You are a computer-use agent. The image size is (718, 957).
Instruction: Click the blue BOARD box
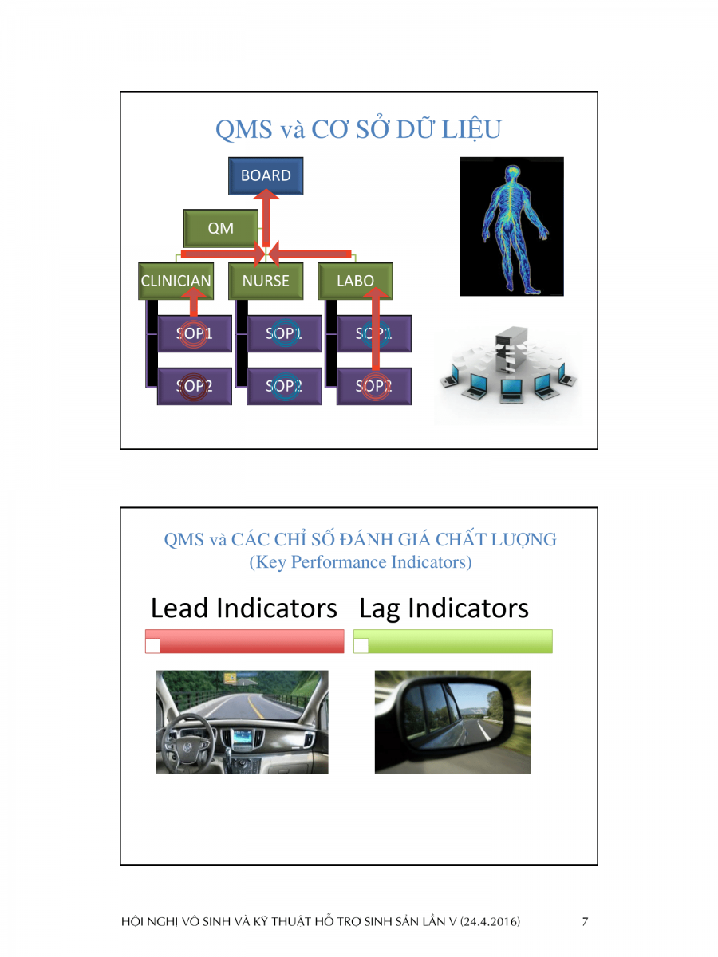click(x=266, y=176)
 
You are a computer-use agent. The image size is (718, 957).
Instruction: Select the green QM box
click(x=221, y=228)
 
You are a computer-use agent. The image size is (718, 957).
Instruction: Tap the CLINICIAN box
click(x=176, y=281)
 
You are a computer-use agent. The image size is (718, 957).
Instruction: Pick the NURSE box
click(x=266, y=281)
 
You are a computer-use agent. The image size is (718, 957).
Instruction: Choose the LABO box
click(x=356, y=281)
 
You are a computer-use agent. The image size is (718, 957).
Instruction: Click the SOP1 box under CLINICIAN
click(x=194, y=334)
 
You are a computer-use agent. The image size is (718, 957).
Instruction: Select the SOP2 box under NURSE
click(x=284, y=387)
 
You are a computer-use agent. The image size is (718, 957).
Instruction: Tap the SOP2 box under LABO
click(x=374, y=387)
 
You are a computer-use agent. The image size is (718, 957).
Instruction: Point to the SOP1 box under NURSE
click(x=284, y=334)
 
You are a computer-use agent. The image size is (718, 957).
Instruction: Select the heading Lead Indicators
click(x=244, y=608)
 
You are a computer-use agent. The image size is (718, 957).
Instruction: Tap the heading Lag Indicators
click(x=444, y=608)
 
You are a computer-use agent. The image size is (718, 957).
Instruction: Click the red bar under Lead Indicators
click(x=245, y=641)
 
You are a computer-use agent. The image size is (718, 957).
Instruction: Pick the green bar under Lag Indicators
click(x=453, y=641)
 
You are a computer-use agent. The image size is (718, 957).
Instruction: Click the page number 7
click(x=585, y=922)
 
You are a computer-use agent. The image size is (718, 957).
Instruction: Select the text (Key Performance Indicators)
click(x=361, y=562)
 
